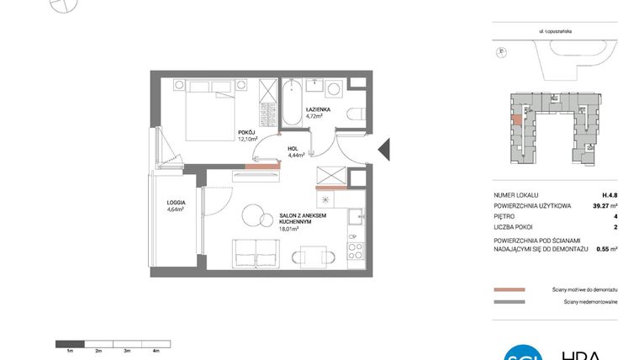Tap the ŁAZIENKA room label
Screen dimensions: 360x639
tap(317, 109)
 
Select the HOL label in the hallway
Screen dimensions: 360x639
tap(294, 148)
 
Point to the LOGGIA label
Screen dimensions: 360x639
tap(176, 203)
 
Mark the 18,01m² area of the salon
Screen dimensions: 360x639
tap(290, 227)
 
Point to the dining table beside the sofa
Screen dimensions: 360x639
tap(309, 255)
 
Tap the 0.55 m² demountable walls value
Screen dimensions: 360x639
tap(607, 249)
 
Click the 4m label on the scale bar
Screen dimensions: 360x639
tap(156, 350)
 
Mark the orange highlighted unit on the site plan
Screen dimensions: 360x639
tap(515, 117)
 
